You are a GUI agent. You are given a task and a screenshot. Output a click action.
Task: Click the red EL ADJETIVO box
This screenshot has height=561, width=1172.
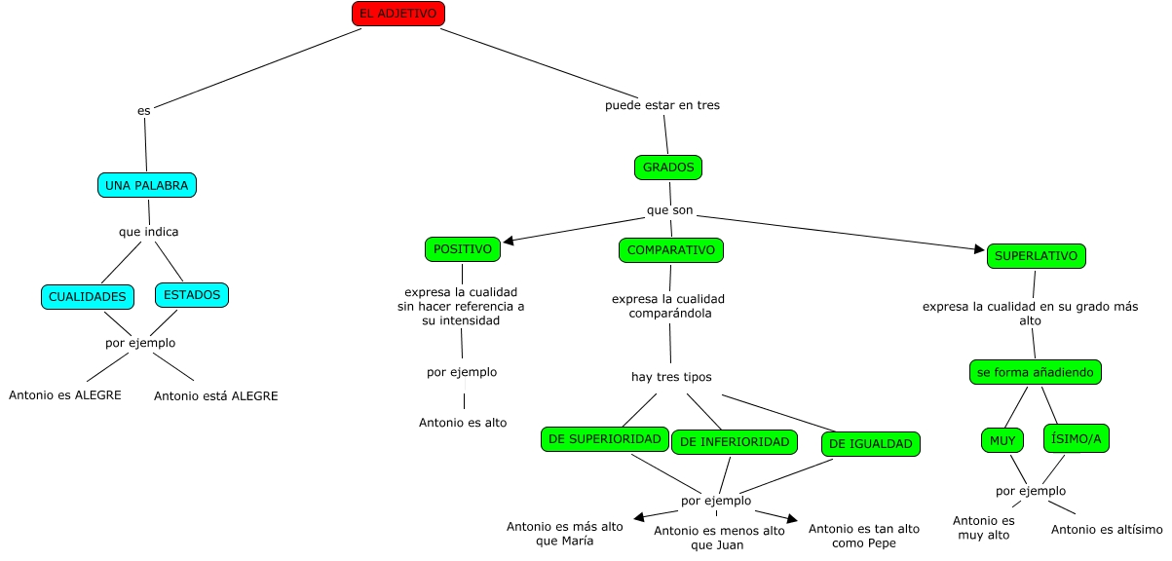397,14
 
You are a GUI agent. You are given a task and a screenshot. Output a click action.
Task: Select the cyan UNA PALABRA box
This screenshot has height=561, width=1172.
147,185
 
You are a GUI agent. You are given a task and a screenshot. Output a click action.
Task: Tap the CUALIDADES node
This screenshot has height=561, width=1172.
88,296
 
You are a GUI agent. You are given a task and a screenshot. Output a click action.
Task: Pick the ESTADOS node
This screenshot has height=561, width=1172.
192,294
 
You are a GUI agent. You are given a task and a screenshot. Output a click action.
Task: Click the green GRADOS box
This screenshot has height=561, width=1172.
668,168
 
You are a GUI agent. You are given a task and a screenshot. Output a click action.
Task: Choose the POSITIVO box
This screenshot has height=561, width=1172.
463,249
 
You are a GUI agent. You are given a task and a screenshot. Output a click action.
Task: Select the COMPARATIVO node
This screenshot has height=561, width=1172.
671,250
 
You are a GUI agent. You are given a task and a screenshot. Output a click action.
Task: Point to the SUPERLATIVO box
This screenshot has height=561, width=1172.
1036,256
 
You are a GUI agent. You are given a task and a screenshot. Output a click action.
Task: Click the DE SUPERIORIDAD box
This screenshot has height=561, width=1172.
605,439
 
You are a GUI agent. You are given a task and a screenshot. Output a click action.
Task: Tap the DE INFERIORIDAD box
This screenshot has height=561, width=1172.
735,441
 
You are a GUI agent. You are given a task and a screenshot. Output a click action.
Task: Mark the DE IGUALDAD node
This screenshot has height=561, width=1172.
871,444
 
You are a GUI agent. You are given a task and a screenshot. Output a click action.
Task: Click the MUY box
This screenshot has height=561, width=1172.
1002,440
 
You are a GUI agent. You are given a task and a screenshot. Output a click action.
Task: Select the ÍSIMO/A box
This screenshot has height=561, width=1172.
1077,439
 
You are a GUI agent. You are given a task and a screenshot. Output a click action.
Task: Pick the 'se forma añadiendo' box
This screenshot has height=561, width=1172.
1037,372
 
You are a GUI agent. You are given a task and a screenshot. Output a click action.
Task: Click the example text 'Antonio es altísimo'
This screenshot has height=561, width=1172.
1107,530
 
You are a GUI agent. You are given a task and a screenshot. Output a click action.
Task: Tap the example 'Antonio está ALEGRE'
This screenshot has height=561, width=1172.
215,396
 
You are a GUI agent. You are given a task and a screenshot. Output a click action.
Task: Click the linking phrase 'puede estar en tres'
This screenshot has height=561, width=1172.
662,105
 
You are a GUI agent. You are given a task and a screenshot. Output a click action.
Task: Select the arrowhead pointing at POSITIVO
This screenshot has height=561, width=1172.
509,240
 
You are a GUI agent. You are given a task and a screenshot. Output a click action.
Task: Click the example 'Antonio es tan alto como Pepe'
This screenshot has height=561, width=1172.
864,535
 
